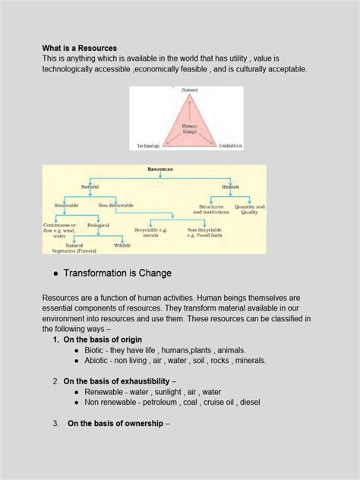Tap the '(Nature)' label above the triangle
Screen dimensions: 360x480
188,90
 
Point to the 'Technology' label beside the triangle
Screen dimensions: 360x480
148,146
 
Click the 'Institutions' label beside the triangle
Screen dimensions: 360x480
229,146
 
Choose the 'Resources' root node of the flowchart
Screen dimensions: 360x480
159,169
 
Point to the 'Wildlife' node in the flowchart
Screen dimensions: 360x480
122,245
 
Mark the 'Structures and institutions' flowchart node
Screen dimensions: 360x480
211,209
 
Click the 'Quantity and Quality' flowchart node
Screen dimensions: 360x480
249,209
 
